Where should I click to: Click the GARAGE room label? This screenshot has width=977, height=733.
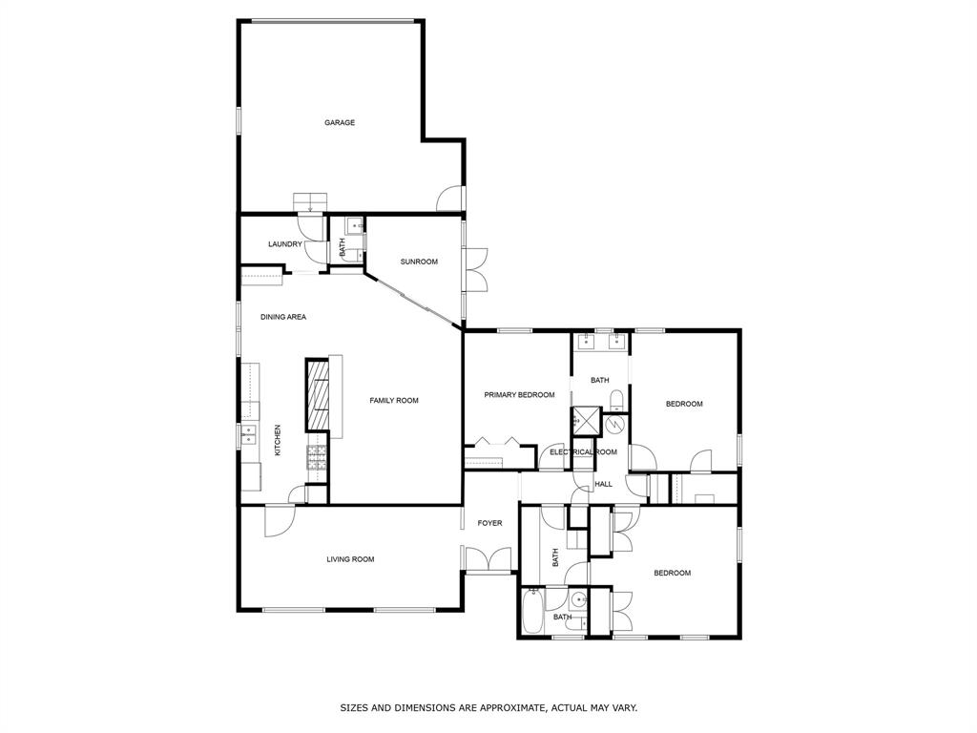coord(340,122)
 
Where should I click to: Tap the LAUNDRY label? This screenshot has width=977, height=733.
coord(284,244)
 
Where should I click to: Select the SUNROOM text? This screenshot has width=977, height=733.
coord(419,262)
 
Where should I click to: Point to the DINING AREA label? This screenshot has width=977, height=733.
coord(283,317)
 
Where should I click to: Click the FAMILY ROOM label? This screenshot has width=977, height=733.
coord(394,401)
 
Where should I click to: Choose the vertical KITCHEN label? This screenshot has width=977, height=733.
coord(278,440)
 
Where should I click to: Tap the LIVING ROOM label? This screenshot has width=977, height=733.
coord(350,559)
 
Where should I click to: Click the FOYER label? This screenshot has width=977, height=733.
coord(489,523)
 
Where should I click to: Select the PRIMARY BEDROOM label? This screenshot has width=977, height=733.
coord(519,395)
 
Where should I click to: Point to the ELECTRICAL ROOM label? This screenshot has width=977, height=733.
coord(583,451)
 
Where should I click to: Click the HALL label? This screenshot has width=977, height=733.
coord(604,485)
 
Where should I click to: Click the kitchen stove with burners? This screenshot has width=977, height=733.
coord(316,457)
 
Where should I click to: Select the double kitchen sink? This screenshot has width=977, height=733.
coord(249,436)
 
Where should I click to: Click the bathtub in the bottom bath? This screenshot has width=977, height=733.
coord(533,611)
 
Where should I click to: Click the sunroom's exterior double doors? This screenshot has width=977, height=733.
coord(475,269)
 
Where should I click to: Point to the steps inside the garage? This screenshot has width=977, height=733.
coord(310,201)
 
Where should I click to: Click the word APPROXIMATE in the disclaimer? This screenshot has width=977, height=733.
coord(505,708)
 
